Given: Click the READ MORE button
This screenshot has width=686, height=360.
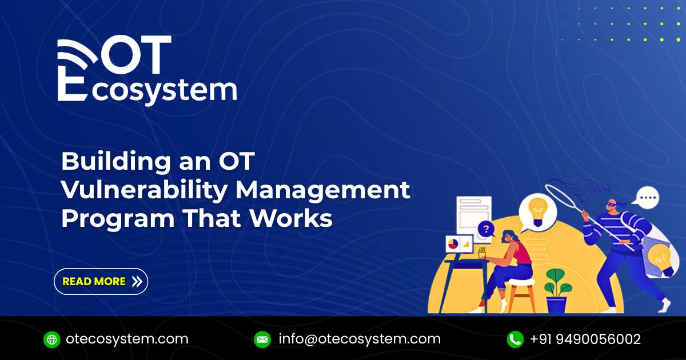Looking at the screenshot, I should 101,282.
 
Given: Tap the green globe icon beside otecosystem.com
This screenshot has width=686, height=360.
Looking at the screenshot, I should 52,339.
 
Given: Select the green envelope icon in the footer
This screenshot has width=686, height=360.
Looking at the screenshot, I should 262,339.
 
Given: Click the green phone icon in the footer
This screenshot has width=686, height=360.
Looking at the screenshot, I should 515,339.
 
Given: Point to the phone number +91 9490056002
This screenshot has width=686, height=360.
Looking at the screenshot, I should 585,339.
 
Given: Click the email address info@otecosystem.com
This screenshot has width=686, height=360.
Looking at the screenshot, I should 360,339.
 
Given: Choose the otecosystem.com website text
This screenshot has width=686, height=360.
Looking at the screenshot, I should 127,339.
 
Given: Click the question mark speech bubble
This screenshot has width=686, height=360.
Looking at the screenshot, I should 486,230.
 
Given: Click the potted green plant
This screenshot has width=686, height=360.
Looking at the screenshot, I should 558,289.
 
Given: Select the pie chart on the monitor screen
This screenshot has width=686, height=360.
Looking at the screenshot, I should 453,244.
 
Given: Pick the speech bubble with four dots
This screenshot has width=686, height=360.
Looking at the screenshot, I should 648,199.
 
